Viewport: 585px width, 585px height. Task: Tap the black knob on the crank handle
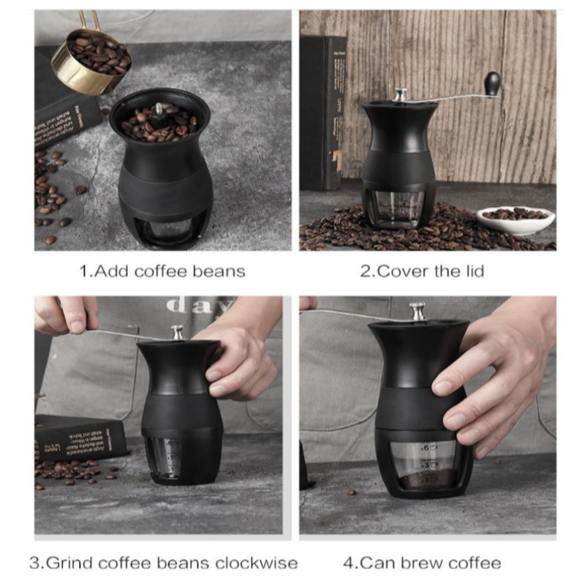tap(492, 81)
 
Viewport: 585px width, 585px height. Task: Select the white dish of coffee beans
tap(515, 218)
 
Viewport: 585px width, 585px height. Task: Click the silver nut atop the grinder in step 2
tap(400, 95)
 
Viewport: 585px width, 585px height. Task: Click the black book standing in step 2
tap(322, 110)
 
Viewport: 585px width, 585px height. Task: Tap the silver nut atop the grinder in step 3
tap(178, 333)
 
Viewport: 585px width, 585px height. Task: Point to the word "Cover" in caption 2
tap(399, 271)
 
